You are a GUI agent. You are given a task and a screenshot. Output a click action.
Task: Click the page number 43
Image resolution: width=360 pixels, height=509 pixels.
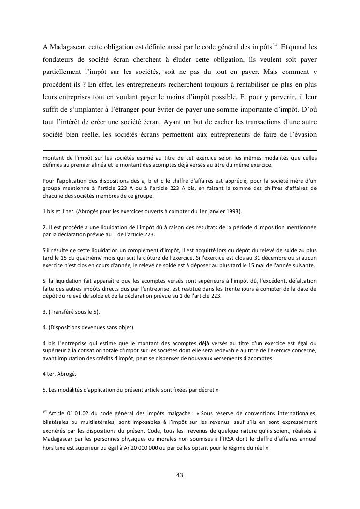180,475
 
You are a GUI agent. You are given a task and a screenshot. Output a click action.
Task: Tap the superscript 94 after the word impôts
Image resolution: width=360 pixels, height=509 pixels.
274,44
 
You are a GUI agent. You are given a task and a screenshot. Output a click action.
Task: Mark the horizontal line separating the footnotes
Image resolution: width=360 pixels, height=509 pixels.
180,150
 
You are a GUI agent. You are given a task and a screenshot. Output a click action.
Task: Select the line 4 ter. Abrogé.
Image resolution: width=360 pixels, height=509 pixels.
59,373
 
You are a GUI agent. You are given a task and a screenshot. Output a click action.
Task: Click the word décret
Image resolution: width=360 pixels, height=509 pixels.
205,389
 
